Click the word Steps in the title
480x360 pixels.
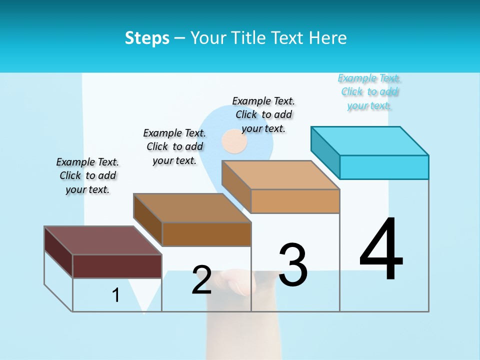(147, 38)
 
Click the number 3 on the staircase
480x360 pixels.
(293, 265)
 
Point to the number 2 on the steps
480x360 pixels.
(201, 280)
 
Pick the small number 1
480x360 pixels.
(116, 295)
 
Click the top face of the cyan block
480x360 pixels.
(370, 141)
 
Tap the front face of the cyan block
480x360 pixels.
(384, 167)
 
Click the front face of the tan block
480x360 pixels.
(295, 201)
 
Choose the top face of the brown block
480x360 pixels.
(192, 208)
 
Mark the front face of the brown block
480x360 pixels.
(206, 234)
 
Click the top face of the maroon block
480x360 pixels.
(103, 240)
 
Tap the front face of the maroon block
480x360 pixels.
(117, 266)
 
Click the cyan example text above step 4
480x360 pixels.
(369, 92)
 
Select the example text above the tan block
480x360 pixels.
(263, 114)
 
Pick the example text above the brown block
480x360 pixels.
(174, 146)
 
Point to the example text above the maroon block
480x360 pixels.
(87, 175)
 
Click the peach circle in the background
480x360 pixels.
(234, 141)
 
